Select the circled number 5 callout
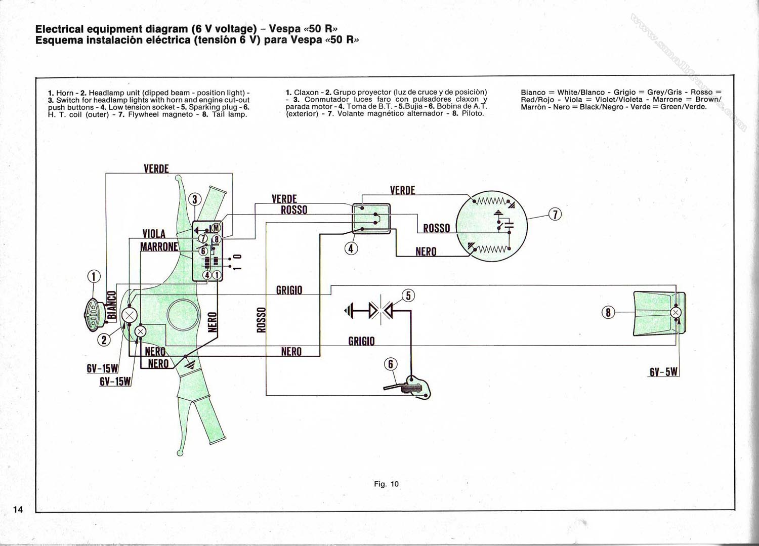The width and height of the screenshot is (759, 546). pos(408,296)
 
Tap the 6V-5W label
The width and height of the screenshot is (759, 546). pos(663,372)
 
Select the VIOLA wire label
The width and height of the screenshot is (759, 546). pos(154,233)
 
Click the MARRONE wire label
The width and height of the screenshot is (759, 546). pos(159,246)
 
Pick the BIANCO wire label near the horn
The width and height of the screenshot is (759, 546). pos(112,305)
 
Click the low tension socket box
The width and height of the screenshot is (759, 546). pos(371,219)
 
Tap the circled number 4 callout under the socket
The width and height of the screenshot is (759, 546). pos(351,248)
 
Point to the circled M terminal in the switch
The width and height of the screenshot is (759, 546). pos(216,227)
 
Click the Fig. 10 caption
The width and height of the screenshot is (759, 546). pos(386,484)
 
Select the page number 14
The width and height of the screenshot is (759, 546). pos(18,509)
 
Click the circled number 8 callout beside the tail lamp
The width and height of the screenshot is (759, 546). pos(608,312)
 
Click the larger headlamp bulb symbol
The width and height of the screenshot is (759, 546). pos(129,316)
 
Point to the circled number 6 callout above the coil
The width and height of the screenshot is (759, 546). pos(390,364)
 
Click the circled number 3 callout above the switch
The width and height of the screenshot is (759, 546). pos(195,199)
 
